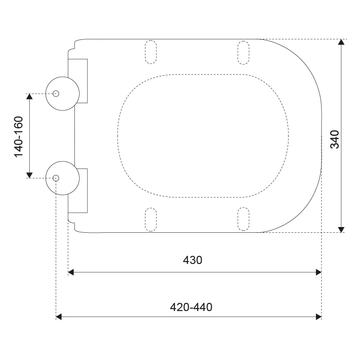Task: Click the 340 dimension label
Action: pyautogui.click(x=335, y=139)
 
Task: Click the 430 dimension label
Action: pyautogui.click(x=192, y=260)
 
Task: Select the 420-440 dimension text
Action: pyautogui.click(x=191, y=307)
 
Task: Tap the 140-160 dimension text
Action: pyautogui.click(x=19, y=137)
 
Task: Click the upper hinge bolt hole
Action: pyautogui.click(x=56, y=94)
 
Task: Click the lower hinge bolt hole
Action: pyautogui.click(x=56, y=178)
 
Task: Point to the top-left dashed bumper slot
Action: pyautogui.click(x=151, y=52)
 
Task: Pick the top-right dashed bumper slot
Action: pyautogui.click(x=243, y=53)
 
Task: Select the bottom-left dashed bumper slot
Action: pyautogui.click(x=151, y=219)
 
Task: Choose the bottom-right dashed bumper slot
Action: pyautogui.click(x=243, y=219)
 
